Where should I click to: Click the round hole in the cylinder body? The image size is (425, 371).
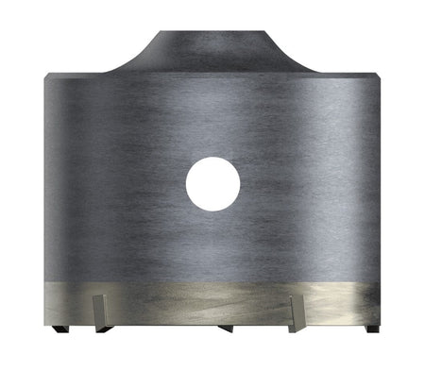click(212, 183)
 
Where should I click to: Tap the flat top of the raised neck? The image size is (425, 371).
click(212, 35)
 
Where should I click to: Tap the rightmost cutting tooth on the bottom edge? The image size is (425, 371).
click(372, 329)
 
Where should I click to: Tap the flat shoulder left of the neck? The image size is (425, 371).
click(85, 73)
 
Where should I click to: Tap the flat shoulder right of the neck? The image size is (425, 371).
click(340, 73)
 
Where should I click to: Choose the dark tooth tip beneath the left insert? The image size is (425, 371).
click(102, 328)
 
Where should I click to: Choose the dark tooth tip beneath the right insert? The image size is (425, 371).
click(298, 328)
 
